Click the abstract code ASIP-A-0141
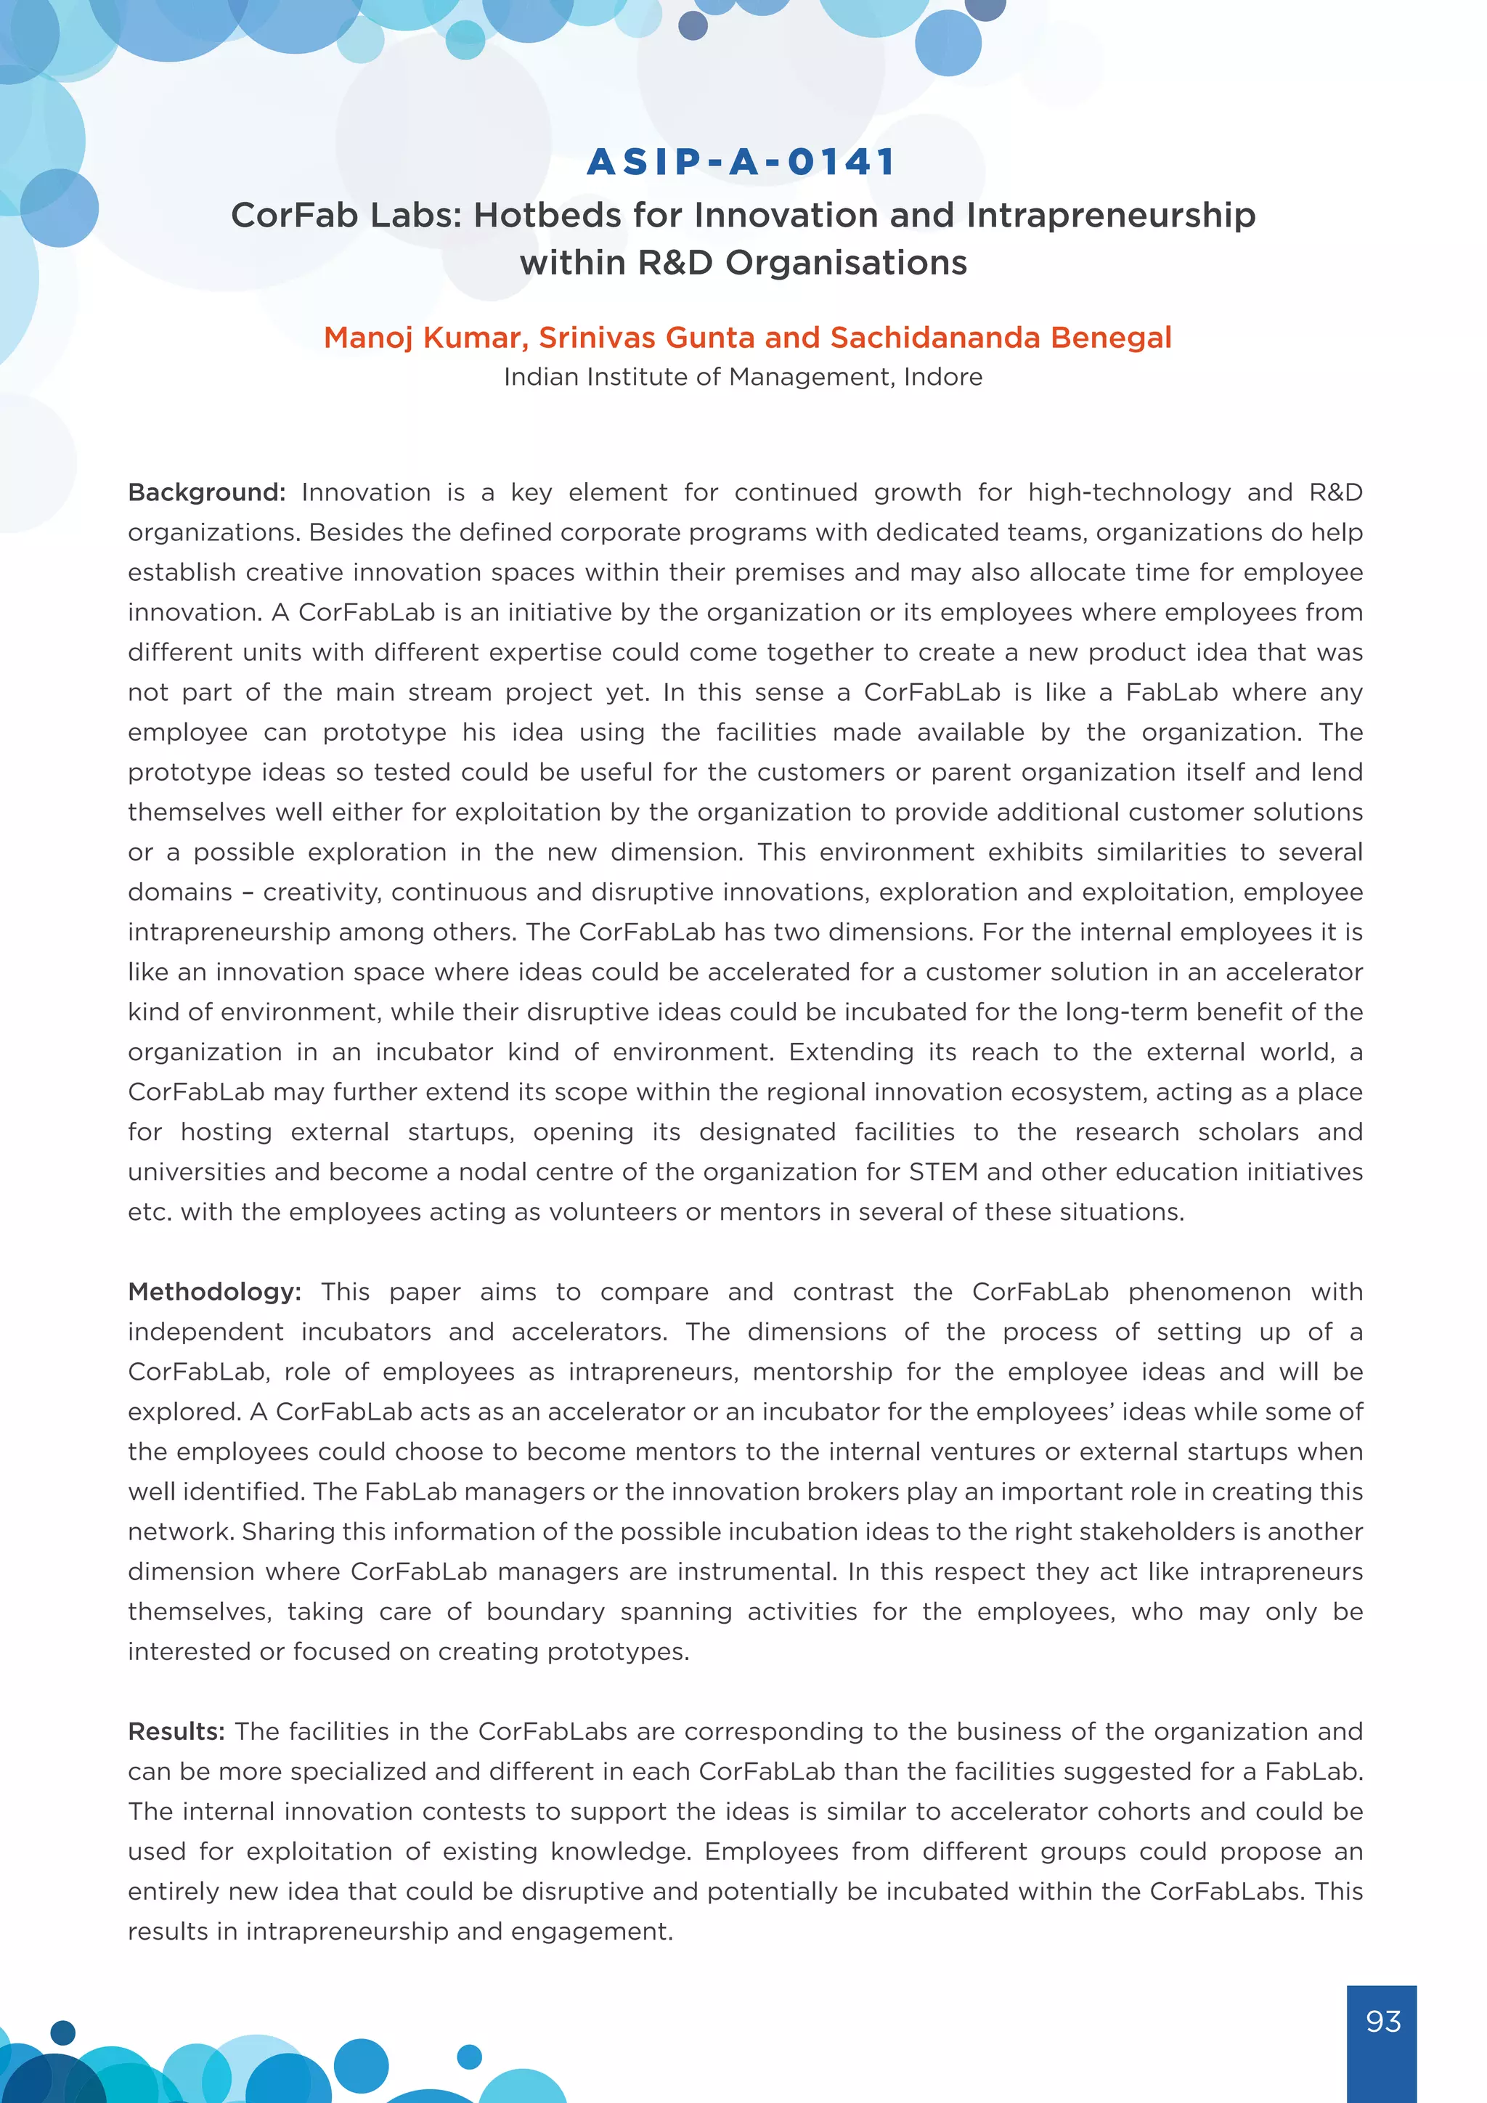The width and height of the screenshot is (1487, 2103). pos(741,162)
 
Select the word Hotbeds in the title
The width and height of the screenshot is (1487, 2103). pos(547,215)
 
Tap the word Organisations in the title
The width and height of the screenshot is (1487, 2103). pos(846,263)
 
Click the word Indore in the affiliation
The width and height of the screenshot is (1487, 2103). pos(943,378)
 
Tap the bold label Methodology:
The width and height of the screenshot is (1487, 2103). pos(214,1293)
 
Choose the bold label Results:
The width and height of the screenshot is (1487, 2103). pos(176,1732)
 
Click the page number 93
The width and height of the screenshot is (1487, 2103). pos(1382,2022)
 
